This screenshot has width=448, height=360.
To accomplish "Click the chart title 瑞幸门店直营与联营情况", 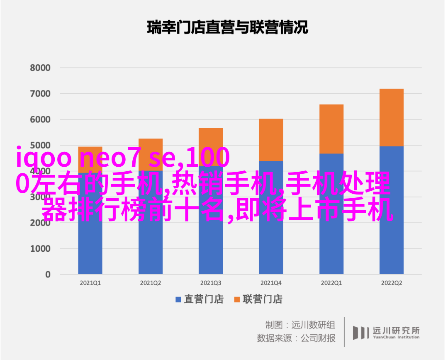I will [227, 28].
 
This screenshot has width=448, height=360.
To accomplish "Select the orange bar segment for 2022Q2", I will [391, 117].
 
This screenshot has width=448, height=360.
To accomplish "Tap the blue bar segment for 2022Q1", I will [331, 232].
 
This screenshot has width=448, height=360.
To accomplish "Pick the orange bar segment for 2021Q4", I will [271, 139].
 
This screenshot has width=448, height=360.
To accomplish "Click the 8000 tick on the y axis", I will [40, 68].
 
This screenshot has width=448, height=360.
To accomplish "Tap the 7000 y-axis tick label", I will [40, 94].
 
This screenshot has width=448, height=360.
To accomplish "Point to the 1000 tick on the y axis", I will [40, 249].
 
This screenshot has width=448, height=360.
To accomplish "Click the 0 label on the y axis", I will [48, 275].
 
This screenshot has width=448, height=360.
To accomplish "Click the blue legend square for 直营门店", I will [178, 299].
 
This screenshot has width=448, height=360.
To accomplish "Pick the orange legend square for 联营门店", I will [237, 299].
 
